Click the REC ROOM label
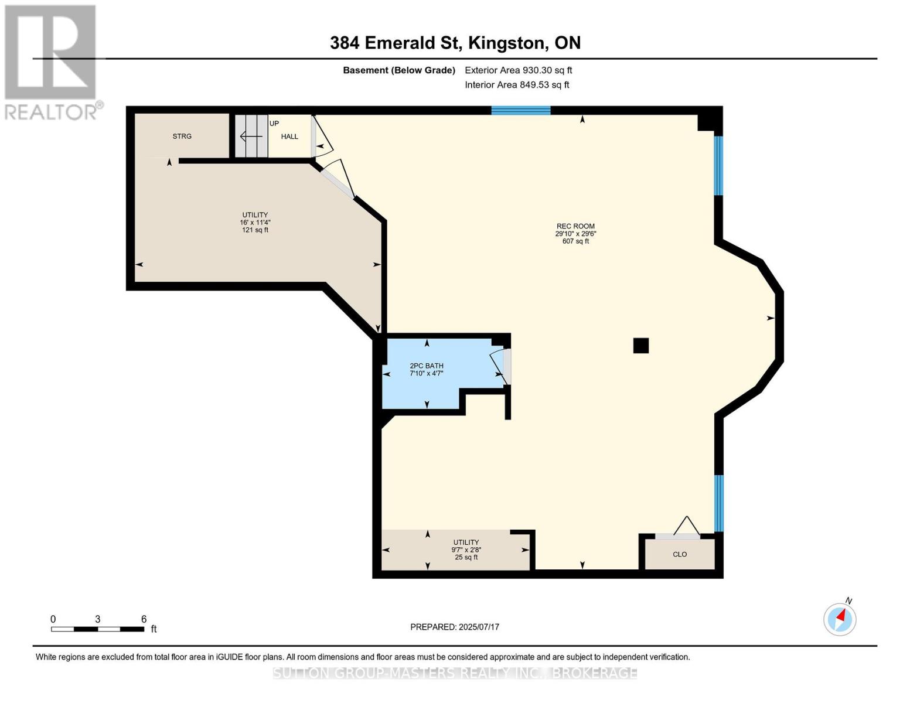(x=576, y=226)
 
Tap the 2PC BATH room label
(x=427, y=366)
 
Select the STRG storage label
(x=182, y=136)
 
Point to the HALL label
(x=289, y=136)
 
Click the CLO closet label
(x=680, y=554)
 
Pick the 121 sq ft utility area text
(x=255, y=230)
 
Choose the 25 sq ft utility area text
(x=466, y=557)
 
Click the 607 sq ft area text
(x=576, y=241)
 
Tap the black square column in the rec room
(x=640, y=346)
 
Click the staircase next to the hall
(x=251, y=136)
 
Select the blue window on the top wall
(x=520, y=111)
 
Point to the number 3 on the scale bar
(x=98, y=619)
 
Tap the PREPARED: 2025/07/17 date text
(x=455, y=627)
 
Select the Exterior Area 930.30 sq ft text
(x=519, y=70)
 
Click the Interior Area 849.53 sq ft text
(x=517, y=85)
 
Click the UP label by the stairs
(x=274, y=124)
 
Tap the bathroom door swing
(x=498, y=367)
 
